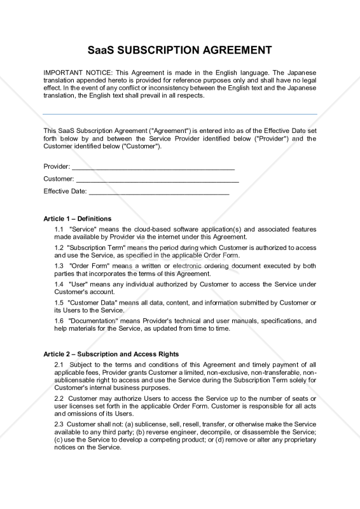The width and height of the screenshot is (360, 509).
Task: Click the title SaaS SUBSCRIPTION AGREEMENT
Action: point(179,50)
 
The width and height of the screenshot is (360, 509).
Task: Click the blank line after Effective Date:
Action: point(159,192)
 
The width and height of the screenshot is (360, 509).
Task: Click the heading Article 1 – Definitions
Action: point(77,219)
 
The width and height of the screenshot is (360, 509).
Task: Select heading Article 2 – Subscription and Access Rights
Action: point(111,354)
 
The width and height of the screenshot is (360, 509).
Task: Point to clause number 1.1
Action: point(59,229)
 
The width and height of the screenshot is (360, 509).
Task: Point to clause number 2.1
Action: point(59,364)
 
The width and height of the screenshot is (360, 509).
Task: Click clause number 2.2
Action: point(59,398)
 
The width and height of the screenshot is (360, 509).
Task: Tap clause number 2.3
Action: point(59,424)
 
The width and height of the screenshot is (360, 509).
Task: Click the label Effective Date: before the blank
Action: point(65,192)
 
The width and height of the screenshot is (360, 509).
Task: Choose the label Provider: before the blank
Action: point(57,167)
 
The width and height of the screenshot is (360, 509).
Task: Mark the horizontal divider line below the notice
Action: point(179,115)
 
